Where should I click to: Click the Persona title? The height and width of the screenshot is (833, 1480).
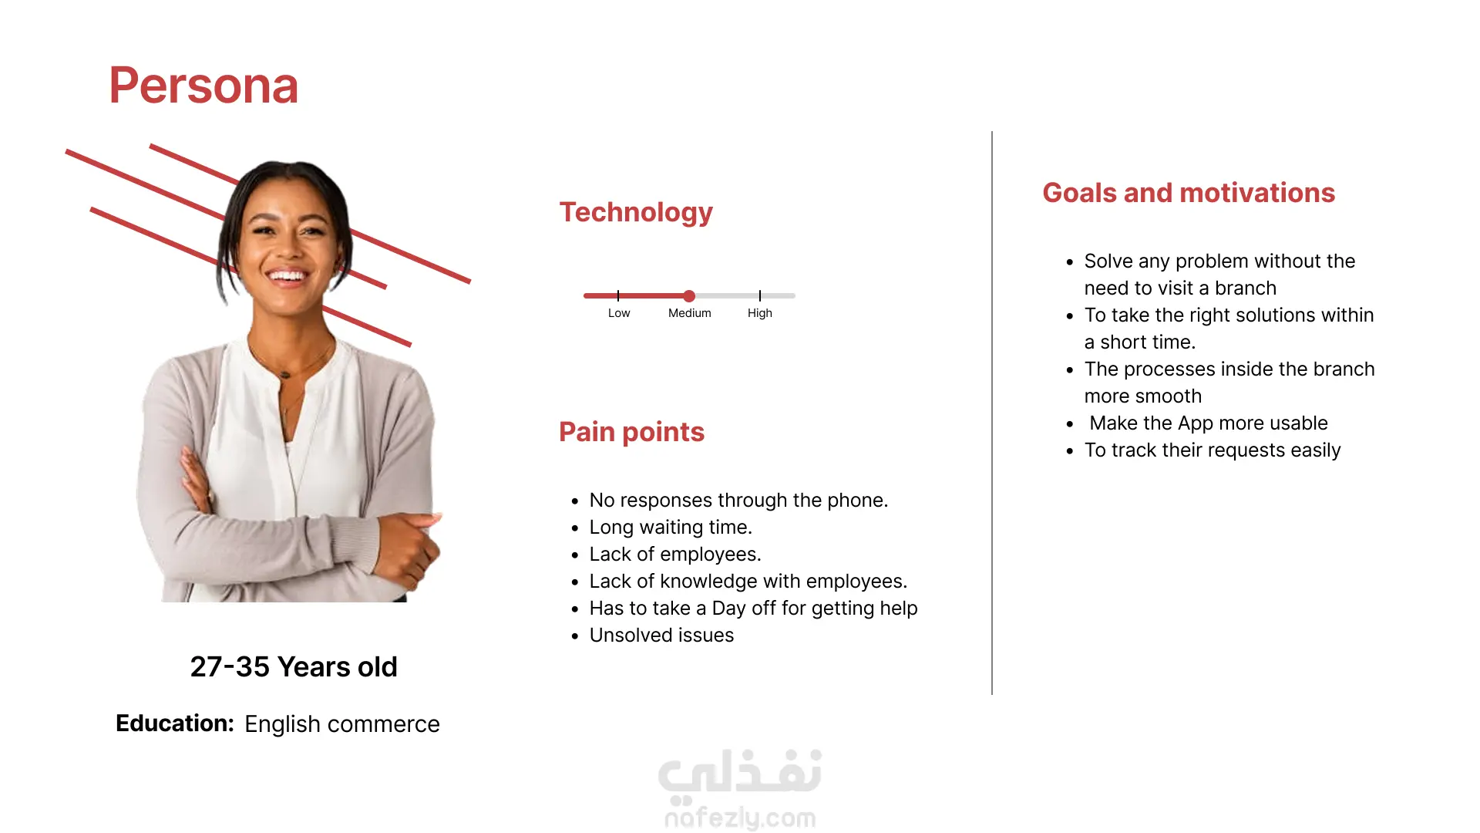point(203,86)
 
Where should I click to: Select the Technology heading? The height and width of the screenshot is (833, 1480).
point(636,212)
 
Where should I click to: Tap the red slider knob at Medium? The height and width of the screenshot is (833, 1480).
point(689,295)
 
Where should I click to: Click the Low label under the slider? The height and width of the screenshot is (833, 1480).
point(619,313)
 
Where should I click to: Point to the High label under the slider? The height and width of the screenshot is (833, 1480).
point(760,313)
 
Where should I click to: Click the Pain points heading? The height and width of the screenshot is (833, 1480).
point(631,432)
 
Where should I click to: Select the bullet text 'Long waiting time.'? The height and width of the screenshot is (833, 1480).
point(671,528)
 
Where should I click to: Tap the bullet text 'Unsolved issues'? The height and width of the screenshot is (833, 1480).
point(661,636)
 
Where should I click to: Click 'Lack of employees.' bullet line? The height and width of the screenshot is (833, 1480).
point(675,555)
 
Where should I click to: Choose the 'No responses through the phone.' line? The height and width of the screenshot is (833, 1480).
point(738,501)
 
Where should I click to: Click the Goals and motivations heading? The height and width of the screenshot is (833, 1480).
point(1189,193)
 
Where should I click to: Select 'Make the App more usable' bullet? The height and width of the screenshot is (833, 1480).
point(1209,423)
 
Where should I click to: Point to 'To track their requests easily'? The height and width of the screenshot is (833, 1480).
point(1213,450)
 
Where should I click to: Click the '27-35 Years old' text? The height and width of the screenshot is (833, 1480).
point(294,667)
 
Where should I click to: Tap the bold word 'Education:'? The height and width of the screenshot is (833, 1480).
point(175,723)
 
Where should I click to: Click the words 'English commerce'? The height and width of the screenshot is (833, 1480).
point(342,724)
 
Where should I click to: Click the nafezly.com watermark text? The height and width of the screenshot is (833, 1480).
point(740,818)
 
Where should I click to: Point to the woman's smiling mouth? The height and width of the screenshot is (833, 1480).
point(288,276)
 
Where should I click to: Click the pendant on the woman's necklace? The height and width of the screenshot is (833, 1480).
point(286,375)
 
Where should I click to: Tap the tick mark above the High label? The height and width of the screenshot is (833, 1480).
point(760,295)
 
